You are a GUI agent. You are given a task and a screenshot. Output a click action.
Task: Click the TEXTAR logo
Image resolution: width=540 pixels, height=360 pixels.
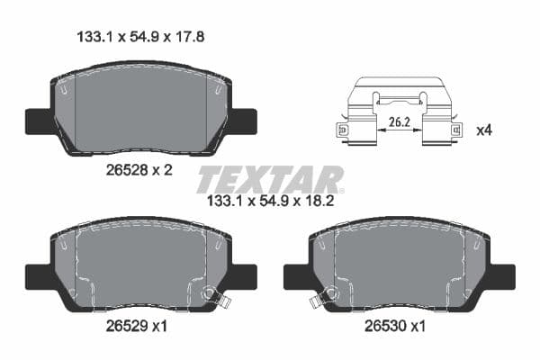(x=270, y=178)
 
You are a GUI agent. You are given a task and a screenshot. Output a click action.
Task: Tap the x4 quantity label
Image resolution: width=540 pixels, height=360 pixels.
(x=482, y=130)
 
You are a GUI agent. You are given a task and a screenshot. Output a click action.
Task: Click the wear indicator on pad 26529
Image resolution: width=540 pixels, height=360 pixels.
(x=212, y=293)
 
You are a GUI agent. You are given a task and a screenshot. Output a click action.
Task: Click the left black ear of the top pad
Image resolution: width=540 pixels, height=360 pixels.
(x=38, y=120)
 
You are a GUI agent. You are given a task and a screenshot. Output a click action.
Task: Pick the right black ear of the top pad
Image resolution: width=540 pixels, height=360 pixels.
(x=244, y=120)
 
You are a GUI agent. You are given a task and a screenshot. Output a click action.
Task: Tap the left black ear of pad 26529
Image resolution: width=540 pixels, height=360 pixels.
(x=38, y=275)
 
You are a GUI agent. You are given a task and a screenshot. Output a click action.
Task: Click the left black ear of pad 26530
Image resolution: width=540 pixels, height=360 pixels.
(x=295, y=275)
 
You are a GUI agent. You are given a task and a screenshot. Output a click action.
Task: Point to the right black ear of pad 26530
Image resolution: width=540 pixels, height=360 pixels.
(x=502, y=275)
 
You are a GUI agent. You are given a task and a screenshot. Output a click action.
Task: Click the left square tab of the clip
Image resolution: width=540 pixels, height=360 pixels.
(x=342, y=131)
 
